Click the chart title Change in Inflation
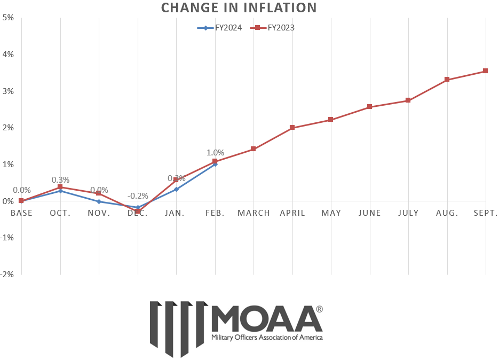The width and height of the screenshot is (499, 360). tap(239, 7)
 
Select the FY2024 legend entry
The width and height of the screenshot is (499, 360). tap(219, 28)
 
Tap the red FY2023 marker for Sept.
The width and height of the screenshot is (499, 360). tap(485, 71)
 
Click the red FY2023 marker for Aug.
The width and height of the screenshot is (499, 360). tap(447, 80)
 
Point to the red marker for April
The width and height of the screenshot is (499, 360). tap(292, 128)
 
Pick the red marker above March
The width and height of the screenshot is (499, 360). tap(254, 149)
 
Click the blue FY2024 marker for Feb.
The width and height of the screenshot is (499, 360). tap(215, 164)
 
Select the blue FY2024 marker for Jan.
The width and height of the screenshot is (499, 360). tap(176, 189)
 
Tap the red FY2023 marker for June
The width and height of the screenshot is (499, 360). tap(370, 107)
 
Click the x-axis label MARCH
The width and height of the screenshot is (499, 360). tap(254, 213)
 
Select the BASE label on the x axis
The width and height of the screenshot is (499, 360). tap(21, 213)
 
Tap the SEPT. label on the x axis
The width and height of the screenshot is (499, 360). tap(485, 213)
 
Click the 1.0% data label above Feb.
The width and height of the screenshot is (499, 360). tap(215, 153)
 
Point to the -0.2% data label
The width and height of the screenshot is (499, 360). tap(137, 196)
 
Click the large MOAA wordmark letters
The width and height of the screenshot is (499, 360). tap(267, 319)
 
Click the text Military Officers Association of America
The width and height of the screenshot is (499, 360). tap(267, 338)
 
